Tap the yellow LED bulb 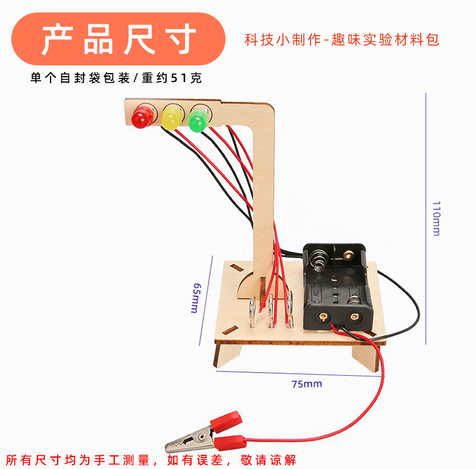(171, 117)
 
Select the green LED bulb (197, 119)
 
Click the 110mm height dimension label (436, 219)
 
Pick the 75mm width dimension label (306, 384)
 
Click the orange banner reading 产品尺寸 (119, 39)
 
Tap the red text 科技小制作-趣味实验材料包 (342, 40)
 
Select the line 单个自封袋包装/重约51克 (116, 78)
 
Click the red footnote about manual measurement (151, 459)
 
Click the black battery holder (336, 285)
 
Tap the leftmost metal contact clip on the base (252, 311)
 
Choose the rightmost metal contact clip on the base (290, 309)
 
